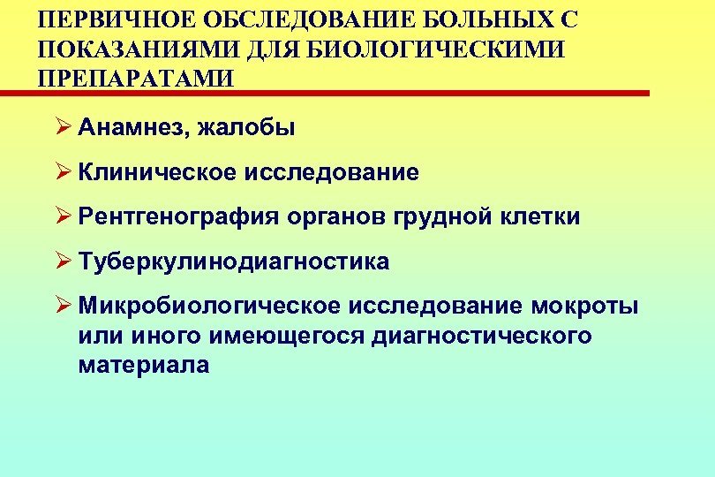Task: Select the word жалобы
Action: (248, 129)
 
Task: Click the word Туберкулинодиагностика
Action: (233, 262)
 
